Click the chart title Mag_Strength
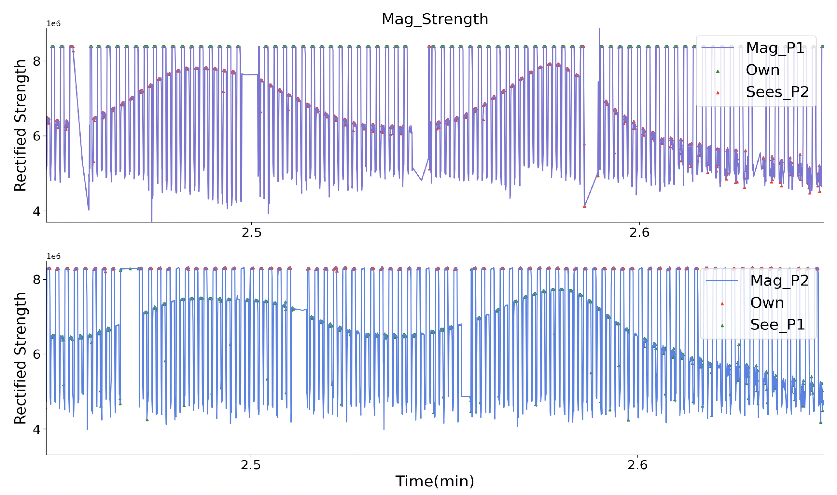[435, 19]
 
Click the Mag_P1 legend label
[775, 48]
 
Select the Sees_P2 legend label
[777, 92]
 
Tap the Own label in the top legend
[762, 70]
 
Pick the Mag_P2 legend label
[779, 280]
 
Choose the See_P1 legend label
[777, 325]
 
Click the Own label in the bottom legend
[767, 303]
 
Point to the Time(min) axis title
[435, 481]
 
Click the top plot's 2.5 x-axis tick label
[251, 233]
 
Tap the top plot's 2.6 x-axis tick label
[639, 233]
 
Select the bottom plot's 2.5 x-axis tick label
[251, 465]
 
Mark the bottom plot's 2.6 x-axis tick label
[637, 465]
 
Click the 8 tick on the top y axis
[37, 61]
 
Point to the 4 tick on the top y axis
[37, 211]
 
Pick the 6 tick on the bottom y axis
[37, 354]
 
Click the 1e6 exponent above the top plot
[53, 24]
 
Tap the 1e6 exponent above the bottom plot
[53, 256]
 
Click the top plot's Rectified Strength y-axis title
[21, 125]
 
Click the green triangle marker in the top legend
[718, 71]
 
